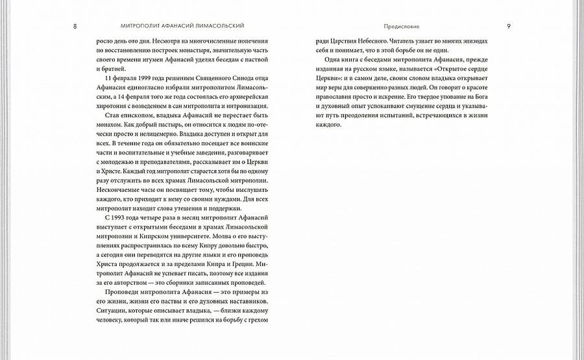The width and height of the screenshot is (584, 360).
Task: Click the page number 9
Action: (x=508, y=26)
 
